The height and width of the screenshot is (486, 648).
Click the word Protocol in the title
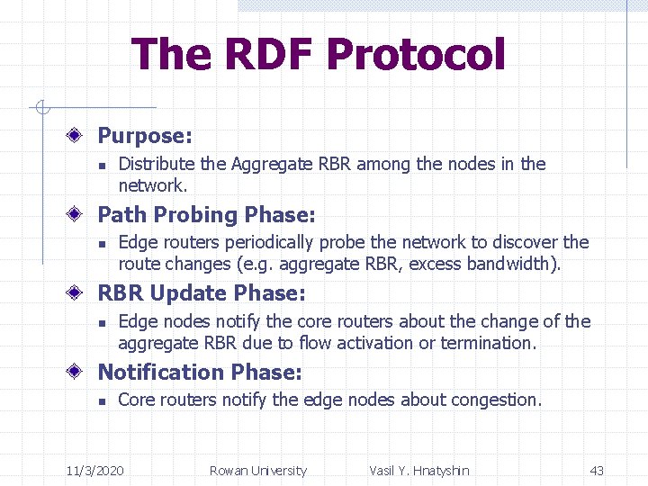click(416, 54)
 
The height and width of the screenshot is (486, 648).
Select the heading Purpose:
click(144, 136)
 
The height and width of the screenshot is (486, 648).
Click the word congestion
click(498, 400)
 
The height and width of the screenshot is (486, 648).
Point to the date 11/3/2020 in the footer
click(96, 470)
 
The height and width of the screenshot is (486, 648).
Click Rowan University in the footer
click(257, 470)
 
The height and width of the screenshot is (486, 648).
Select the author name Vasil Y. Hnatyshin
click(418, 470)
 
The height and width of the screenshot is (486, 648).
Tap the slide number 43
click(597, 470)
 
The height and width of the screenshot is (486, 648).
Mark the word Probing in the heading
click(194, 215)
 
